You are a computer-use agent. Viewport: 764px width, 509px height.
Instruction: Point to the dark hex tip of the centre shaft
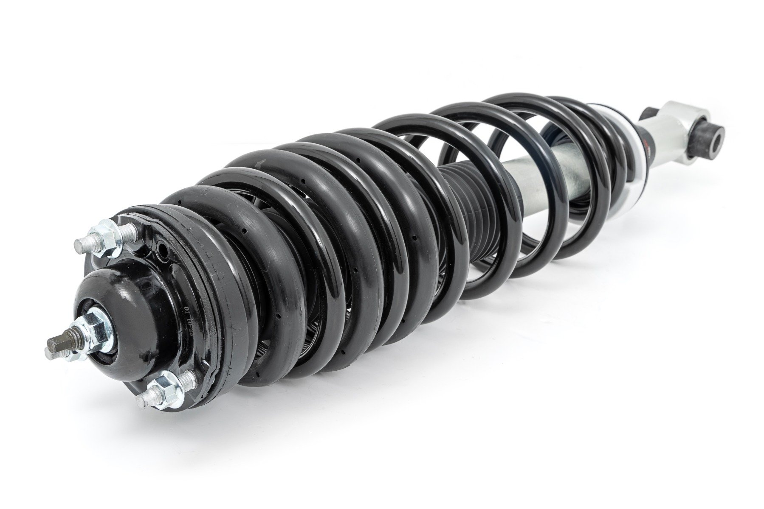pyautogui.click(x=55, y=342)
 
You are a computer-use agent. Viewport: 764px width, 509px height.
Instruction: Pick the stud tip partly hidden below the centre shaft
pyautogui.click(x=48, y=352)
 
